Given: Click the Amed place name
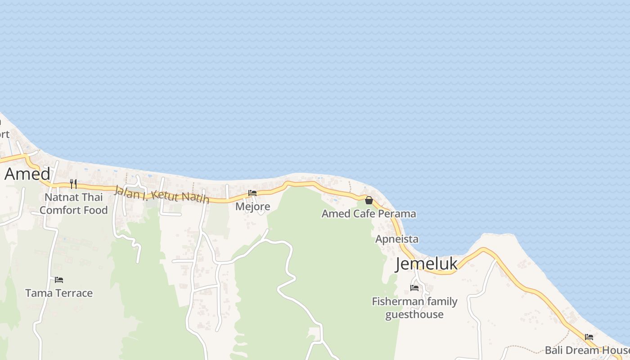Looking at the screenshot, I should pos(27,174).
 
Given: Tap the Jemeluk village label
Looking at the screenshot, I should pos(426,264).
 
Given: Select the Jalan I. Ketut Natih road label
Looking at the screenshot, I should pos(162,195).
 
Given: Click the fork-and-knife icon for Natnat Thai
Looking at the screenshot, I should pos(73,184).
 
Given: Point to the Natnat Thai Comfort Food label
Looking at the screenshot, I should pos(74,203).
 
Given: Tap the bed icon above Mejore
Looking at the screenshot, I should pos(252,193).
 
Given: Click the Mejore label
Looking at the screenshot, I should pos(253,207).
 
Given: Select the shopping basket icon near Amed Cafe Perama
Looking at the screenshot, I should pos(369,200).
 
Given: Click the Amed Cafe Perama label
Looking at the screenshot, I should pos(369,214).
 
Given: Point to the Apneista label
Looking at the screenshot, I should pos(397,239).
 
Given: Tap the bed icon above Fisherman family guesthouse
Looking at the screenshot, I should pos(414,288).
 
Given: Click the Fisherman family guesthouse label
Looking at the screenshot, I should pos(414,308).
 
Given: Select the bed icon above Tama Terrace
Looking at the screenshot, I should pos(59,279).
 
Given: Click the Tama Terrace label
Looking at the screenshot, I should pos(59,293).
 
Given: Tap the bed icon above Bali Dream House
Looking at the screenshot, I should pos(589,337).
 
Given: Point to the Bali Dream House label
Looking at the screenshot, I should pos(586,350).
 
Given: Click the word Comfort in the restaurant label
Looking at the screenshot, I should pos(58,210).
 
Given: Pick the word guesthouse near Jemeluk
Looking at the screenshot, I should pos(414,314).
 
